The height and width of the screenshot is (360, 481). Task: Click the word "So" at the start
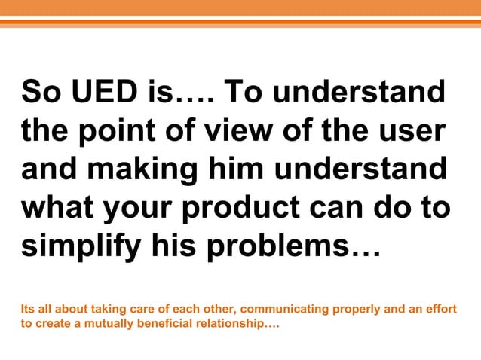pyautogui.click(x=41, y=94)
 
